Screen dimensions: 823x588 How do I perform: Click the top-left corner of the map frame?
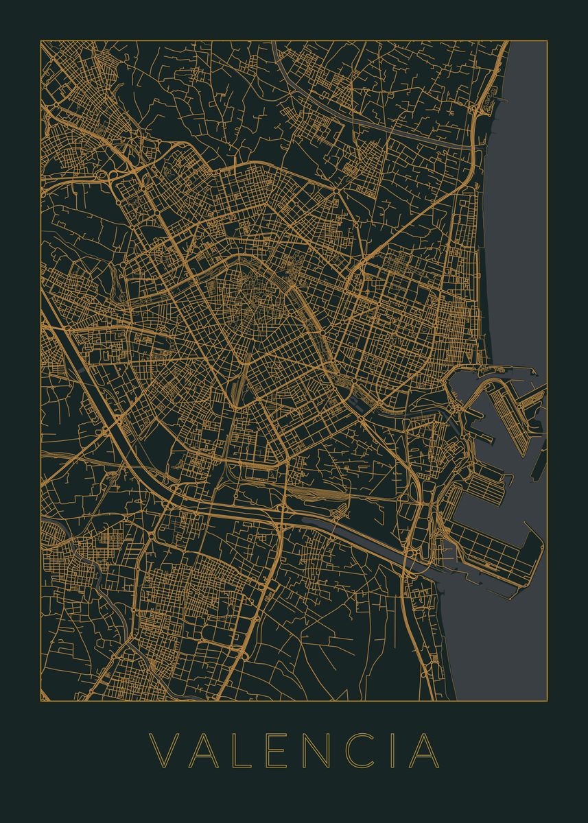pos(40,40)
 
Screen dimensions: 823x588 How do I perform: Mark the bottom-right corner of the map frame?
pos(547,701)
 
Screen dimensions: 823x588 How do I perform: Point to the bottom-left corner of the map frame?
pos(40,701)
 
